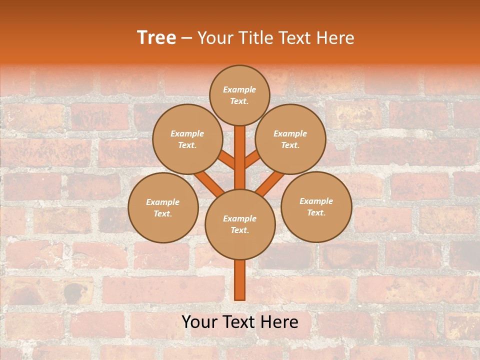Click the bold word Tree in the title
pyautogui.click(x=156, y=38)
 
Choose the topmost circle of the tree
pyautogui.click(x=239, y=95)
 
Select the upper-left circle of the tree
pyautogui.click(x=187, y=139)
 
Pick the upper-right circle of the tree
pyautogui.click(x=290, y=139)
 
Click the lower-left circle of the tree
pyautogui.click(x=163, y=207)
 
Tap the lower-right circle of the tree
pyautogui.click(x=316, y=206)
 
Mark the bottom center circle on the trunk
pyautogui.click(x=240, y=224)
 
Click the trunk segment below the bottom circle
pyautogui.click(x=240, y=280)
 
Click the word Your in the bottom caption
pyautogui.click(x=200, y=322)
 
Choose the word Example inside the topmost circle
pyautogui.click(x=239, y=89)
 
